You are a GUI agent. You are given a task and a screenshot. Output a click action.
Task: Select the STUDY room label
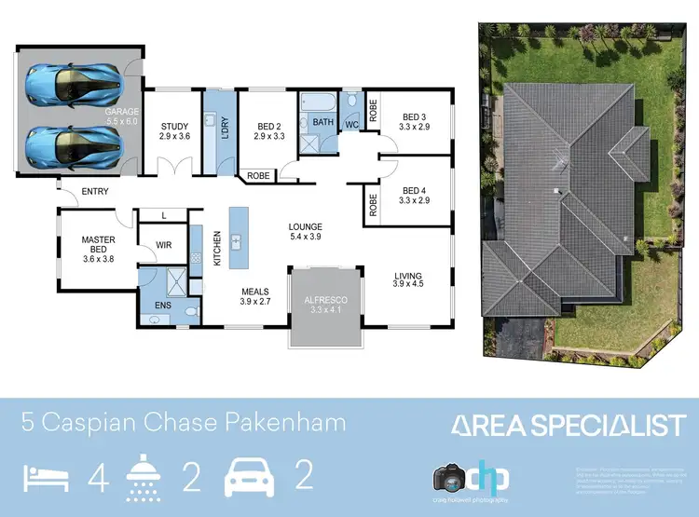click(175, 127)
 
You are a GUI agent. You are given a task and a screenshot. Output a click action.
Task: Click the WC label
click(351, 124)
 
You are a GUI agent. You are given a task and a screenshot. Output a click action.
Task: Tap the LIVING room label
click(407, 276)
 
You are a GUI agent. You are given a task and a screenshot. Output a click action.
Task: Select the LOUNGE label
click(305, 226)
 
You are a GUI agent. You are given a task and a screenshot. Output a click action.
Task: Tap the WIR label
click(164, 245)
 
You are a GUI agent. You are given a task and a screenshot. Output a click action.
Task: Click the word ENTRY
click(95, 192)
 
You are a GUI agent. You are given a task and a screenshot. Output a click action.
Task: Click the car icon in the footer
click(249, 476)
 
